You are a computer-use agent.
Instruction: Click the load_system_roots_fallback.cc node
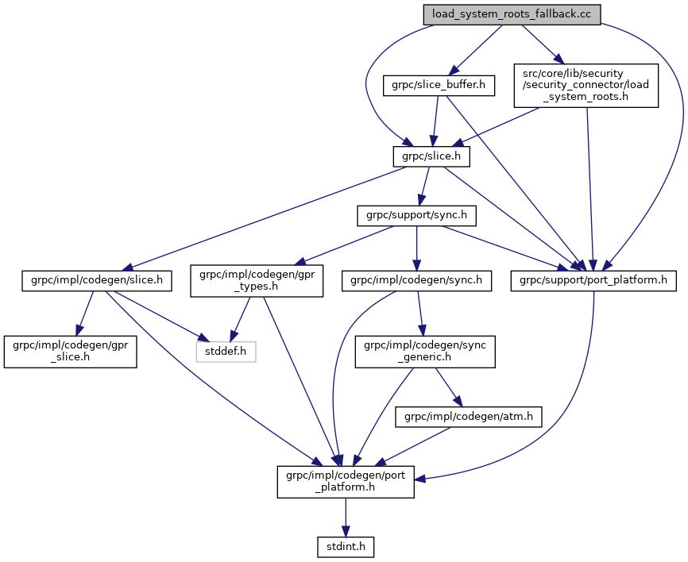511,14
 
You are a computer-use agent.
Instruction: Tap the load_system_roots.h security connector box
586,85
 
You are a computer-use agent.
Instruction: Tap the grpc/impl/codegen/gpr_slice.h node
70,351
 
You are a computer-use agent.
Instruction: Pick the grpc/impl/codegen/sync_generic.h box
425,351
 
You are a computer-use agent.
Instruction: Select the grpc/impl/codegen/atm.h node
469,416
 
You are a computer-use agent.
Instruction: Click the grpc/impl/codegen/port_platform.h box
346,481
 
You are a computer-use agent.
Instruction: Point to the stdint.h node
346,546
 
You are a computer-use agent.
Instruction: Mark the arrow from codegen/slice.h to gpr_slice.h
84,314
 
